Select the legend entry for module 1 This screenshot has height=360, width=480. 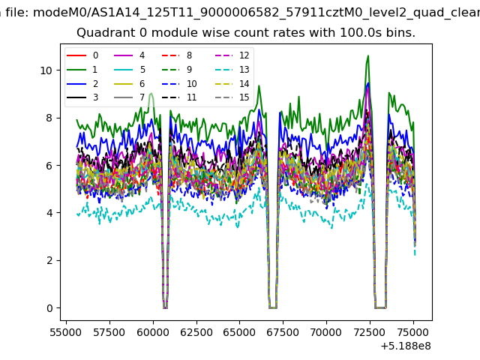point(82,70)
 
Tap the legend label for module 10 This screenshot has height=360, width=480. point(192,83)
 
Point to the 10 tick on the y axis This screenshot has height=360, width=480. point(46,70)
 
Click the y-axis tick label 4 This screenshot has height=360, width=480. point(49,213)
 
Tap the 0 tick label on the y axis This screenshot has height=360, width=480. point(49,308)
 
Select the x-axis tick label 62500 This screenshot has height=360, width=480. point(196,332)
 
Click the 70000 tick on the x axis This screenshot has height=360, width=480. point(326,332)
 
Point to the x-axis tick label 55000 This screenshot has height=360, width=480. point(66,332)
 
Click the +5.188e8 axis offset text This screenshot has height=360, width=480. point(406,346)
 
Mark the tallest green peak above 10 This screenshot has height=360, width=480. point(368,55)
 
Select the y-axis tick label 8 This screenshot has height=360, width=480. point(49,118)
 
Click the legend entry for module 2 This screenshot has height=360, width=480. point(82,83)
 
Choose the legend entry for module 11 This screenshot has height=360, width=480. point(179,97)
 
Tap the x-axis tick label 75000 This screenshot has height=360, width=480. point(413,332)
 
